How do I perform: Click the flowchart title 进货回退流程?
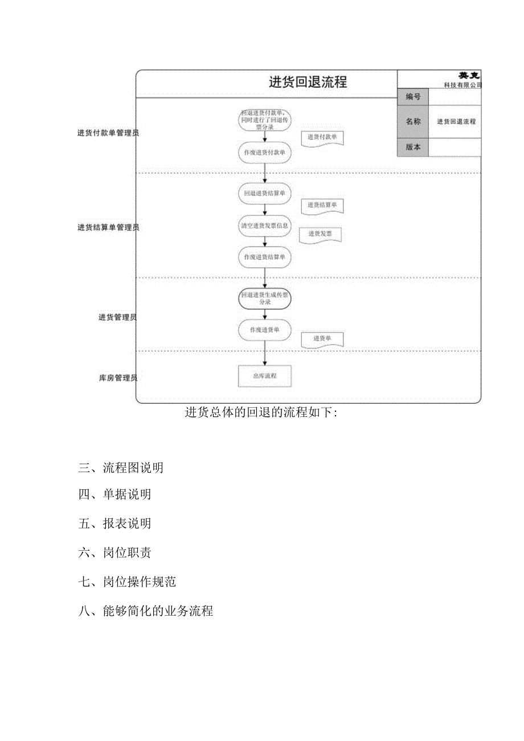308,83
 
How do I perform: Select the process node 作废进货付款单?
264,153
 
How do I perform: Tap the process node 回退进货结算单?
264,193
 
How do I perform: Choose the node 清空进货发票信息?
264,225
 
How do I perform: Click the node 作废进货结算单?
264,257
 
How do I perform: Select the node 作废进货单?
264,330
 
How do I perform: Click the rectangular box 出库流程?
264,376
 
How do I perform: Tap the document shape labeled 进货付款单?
322,138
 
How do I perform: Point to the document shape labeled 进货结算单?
322,206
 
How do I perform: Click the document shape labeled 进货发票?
321,234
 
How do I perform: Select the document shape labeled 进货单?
322,339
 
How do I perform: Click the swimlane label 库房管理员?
118,378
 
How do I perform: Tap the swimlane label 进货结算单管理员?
108,227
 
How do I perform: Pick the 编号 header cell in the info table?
412,97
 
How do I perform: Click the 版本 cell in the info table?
412,147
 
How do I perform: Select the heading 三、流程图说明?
121,468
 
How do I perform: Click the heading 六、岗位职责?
114,552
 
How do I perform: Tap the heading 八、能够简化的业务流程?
146,611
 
